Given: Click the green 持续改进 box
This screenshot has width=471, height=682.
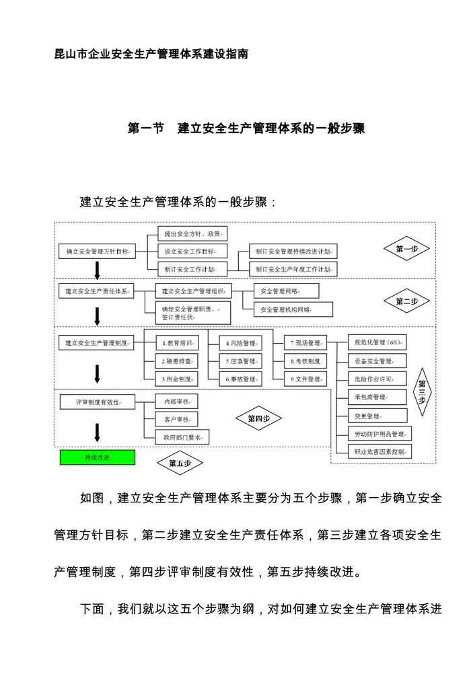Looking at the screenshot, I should click(x=98, y=457).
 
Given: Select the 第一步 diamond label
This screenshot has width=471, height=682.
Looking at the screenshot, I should click(x=407, y=249).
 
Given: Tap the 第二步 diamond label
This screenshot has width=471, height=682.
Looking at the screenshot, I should click(x=407, y=301).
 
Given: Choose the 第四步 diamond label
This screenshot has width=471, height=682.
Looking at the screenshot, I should click(x=258, y=418).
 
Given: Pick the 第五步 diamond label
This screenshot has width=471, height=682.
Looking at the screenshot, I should click(x=180, y=463).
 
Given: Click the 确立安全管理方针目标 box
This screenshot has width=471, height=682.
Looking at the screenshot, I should click(x=98, y=251).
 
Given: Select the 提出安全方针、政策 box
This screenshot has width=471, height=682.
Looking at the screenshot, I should click(x=192, y=233).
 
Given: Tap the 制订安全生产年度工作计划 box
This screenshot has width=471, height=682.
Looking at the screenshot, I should click(x=293, y=269).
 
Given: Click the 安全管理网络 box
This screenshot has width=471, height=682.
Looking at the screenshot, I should click(x=285, y=291).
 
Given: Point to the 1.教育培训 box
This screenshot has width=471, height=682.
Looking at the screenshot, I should click(x=176, y=342).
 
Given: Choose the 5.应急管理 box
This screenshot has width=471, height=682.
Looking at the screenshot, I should click(x=241, y=361).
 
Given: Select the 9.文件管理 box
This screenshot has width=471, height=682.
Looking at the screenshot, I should click(x=305, y=379).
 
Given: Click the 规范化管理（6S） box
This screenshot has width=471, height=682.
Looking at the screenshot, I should click(x=378, y=342).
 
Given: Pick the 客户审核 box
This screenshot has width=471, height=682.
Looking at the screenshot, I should click(x=176, y=419).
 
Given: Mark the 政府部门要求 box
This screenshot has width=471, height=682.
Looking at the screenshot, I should click(x=182, y=437).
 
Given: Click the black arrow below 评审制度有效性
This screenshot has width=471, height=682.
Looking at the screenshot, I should click(x=98, y=431).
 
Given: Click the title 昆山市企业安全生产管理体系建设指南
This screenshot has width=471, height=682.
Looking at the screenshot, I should click(x=151, y=54).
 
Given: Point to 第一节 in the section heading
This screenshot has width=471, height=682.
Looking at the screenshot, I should click(x=146, y=128).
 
